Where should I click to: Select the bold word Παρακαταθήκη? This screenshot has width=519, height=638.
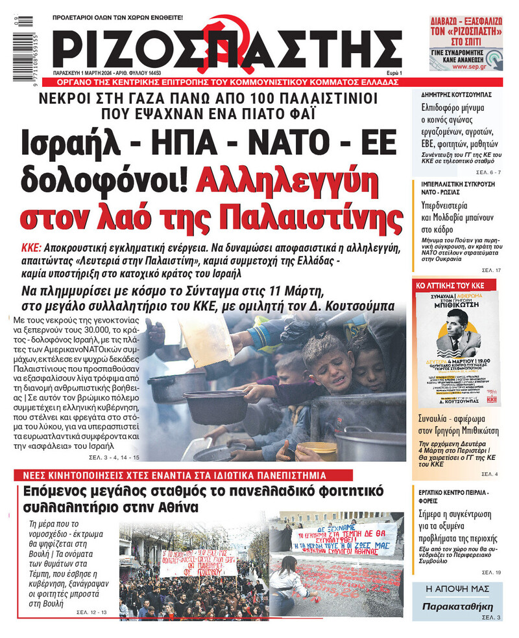457,607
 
